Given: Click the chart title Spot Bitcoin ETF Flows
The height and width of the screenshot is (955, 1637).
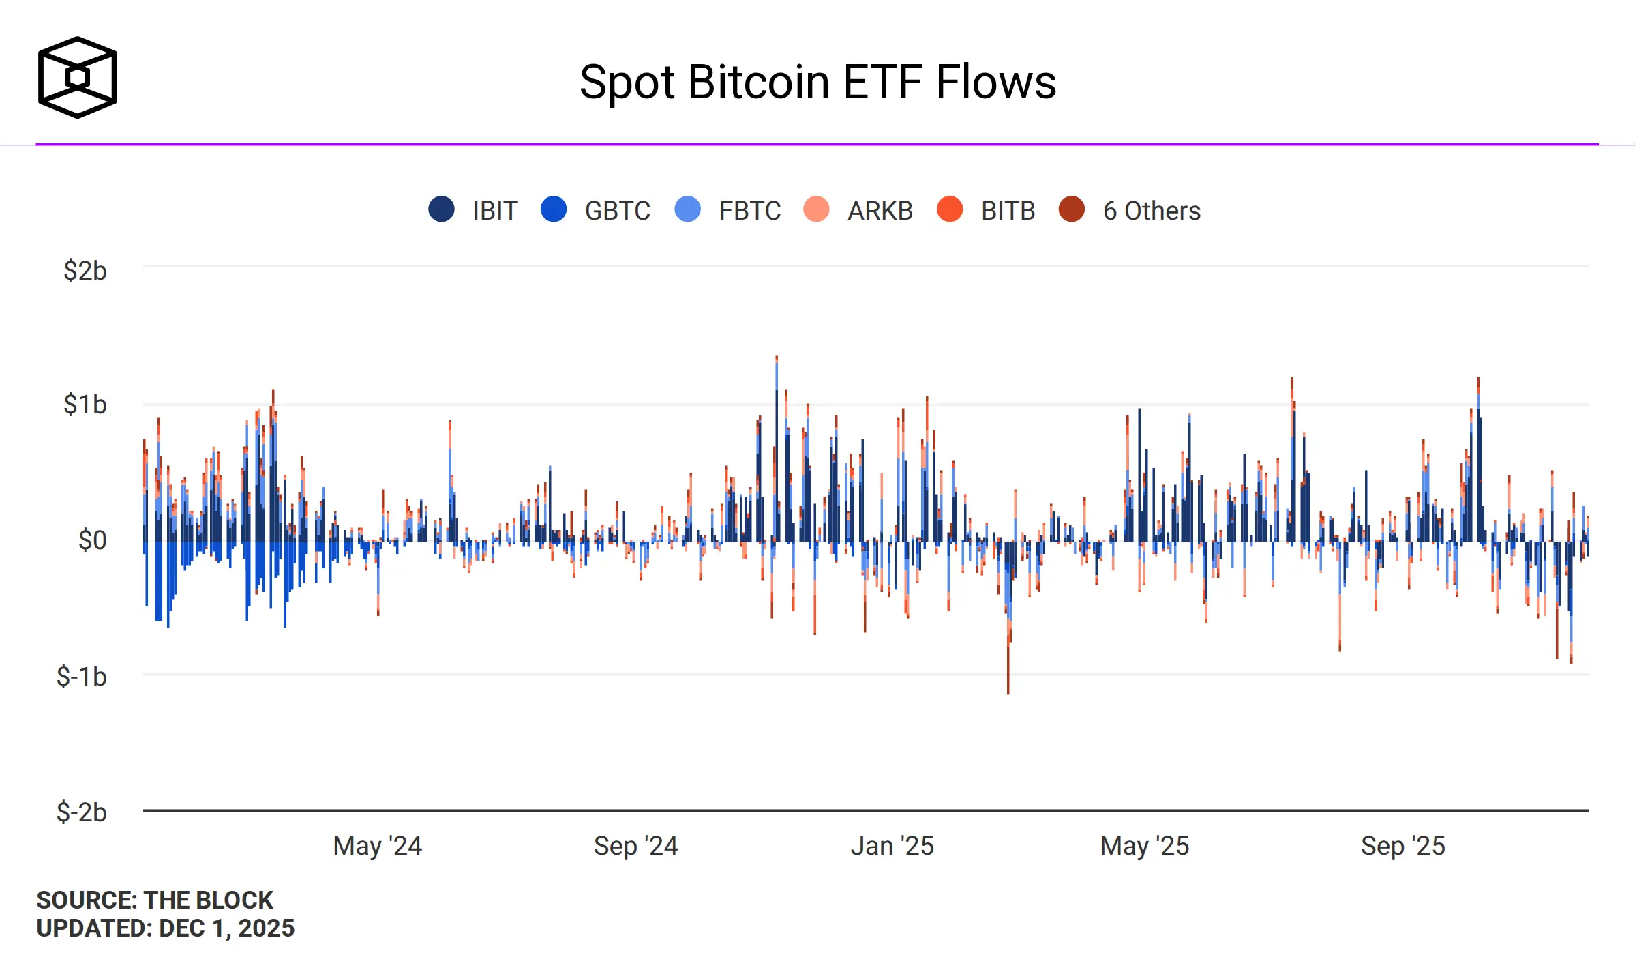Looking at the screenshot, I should point(817,83).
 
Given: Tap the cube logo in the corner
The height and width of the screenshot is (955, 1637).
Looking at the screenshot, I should point(77,77).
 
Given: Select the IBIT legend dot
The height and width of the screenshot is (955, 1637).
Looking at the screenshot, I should point(441,209).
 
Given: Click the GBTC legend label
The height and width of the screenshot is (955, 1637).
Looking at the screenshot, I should point(617,211).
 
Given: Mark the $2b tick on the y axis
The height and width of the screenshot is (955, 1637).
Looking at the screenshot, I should point(85,271).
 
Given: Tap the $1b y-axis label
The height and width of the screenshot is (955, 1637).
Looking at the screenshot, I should point(85,405).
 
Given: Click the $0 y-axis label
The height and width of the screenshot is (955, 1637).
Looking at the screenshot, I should point(93,540).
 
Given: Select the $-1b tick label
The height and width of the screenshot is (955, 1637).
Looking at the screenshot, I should point(82,677).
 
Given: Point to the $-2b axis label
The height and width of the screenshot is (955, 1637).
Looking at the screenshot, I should point(82,812).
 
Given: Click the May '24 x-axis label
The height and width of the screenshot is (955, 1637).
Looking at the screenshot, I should point(378,846).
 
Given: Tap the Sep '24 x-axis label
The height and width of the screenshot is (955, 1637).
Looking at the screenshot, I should point(635,846).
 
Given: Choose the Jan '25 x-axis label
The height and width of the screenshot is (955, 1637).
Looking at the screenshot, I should point(892,846).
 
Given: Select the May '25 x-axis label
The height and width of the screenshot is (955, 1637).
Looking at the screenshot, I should point(1145,846).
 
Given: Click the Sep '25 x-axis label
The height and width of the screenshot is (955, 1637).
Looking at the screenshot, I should point(1403,846).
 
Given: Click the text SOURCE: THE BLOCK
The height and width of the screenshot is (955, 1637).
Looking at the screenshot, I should point(155,900).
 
